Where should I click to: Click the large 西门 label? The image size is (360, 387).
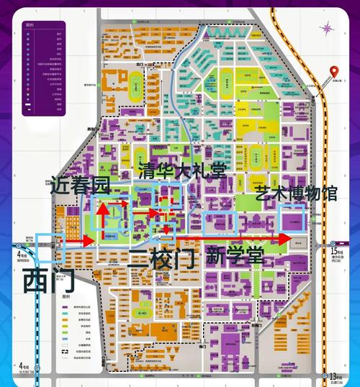(x=49, y=281)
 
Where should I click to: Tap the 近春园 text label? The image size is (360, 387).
(x=79, y=186)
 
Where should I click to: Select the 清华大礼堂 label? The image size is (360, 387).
(x=181, y=170)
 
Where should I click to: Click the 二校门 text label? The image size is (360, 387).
(x=161, y=258)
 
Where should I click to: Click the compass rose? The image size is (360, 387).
(x=326, y=29)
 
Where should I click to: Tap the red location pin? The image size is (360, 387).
(x=334, y=73)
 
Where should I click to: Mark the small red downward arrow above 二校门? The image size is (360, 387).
(x=167, y=228)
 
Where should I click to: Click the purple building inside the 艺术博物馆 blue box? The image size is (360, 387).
(x=293, y=219)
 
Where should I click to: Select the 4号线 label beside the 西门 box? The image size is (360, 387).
(x=22, y=254)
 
